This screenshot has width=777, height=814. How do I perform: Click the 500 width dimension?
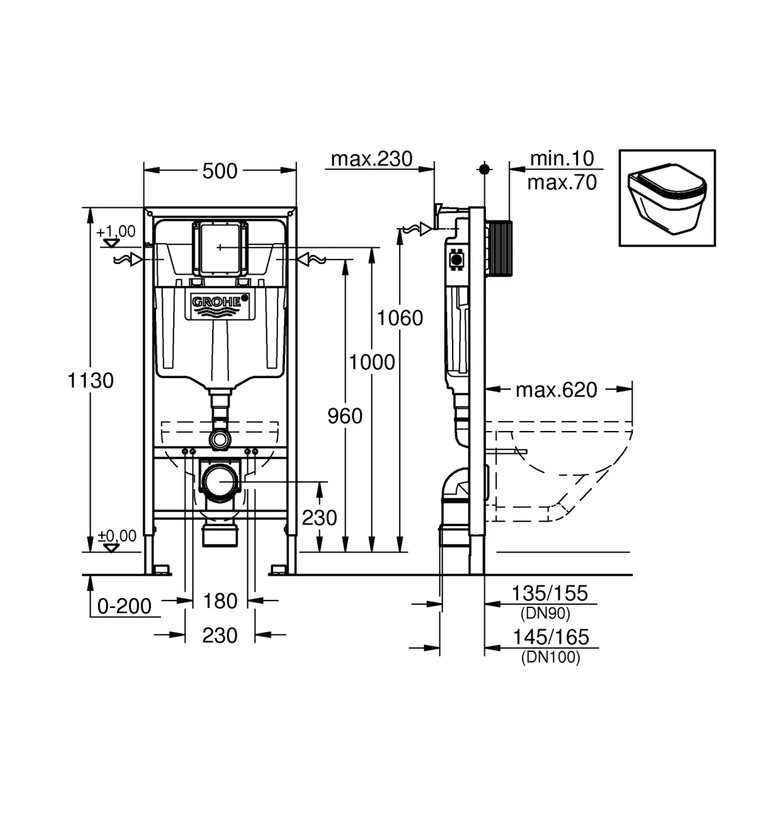[x=220, y=171]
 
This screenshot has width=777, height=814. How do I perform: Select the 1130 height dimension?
[x=90, y=380]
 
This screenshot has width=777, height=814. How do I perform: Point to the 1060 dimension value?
[x=400, y=318]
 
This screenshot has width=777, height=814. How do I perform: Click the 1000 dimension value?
[x=372, y=362]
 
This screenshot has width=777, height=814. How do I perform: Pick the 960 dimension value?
[x=345, y=416]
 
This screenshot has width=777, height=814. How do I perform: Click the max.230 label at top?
[x=371, y=158]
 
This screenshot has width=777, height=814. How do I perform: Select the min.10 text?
[x=562, y=158]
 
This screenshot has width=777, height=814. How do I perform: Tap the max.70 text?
[x=562, y=182]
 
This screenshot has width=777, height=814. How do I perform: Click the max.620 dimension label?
[x=556, y=390]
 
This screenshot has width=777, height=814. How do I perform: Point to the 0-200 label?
[x=124, y=606]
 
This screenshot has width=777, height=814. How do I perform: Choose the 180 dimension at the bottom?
[x=220, y=601]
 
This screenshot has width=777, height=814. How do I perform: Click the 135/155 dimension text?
[x=549, y=593]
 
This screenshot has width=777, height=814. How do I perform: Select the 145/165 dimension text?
[x=551, y=637]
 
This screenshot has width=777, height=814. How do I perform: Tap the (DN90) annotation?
[x=545, y=613]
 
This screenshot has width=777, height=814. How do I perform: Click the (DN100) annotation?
[x=551, y=657]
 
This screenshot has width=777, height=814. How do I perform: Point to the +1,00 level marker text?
[x=116, y=231]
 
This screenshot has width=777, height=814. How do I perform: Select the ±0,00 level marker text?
[x=117, y=536]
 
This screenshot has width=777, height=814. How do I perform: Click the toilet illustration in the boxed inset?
[x=667, y=198]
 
